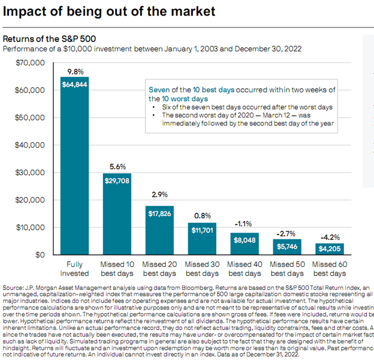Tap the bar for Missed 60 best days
[x=330, y=248]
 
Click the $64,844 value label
[x=74, y=85]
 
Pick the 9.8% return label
[x=74, y=71]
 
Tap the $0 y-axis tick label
[x=40, y=255]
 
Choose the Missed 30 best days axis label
[x=202, y=269]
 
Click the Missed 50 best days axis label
[x=288, y=269]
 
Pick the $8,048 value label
[x=244, y=239]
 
